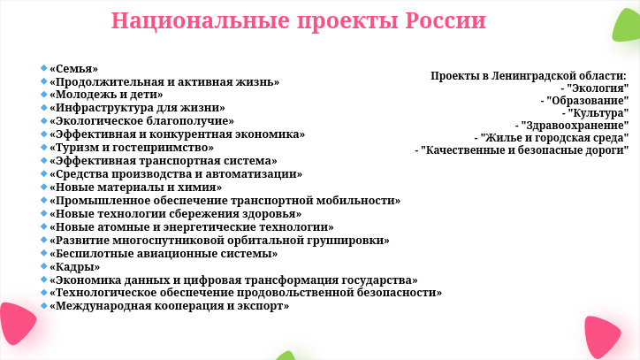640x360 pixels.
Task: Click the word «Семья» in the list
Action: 74,69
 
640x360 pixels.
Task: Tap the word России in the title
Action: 446,20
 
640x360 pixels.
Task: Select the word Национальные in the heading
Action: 201,20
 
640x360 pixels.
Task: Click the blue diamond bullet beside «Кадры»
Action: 44,266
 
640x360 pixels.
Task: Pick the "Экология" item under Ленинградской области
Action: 598,88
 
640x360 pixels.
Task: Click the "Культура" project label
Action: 598,113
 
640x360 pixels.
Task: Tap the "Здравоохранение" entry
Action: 575,126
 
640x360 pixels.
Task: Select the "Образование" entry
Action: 588,101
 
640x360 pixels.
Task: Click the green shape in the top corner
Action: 627,26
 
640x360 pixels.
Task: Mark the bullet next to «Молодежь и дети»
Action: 44,95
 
